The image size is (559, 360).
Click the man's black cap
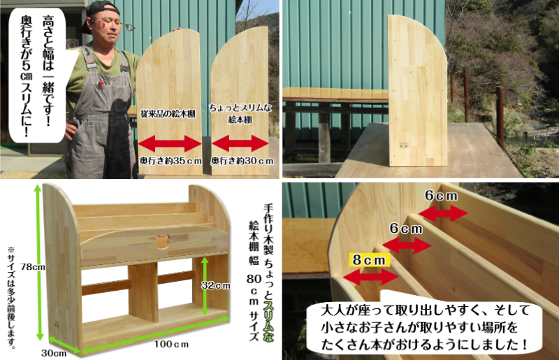[102, 10]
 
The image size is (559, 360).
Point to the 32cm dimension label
[218, 285]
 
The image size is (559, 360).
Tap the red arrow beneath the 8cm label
[370, 276]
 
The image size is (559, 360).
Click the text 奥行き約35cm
[170, 161]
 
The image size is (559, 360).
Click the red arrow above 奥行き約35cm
[171, 144]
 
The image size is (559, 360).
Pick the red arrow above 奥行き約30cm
[240, 144]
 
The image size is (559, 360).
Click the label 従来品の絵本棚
[171, 113]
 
